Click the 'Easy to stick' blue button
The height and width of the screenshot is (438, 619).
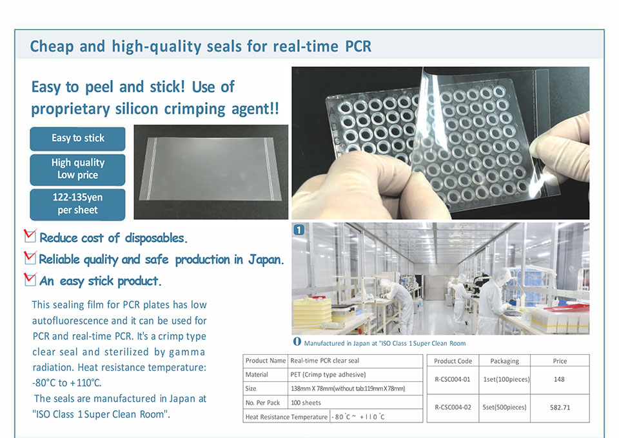(x=77, y=138)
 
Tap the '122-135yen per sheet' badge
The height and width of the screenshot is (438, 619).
(x=77, y=204)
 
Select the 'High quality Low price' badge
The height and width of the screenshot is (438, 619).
(x=77, y=170)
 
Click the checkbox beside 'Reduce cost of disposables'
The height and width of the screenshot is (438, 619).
(x=30, y=236)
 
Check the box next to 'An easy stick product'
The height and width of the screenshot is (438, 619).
(x=30, y=279)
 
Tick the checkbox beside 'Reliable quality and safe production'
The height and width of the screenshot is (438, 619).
(x=30, y=257)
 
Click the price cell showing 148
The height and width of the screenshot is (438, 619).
(x=559, y=379)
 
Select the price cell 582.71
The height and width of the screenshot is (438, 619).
(x=560, y=408)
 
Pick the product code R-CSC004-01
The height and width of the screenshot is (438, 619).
(x=453, y=379)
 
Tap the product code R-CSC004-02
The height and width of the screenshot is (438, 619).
(x=453, y=407)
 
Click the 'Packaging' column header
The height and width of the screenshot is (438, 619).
(x=504, y=361)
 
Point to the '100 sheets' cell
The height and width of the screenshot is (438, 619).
(x=306, y=403)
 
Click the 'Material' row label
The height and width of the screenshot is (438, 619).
(x=257, y=374)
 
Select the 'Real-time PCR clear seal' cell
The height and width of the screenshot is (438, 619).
(x=324, y=361)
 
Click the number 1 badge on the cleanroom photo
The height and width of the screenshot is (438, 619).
(x=299, y=230)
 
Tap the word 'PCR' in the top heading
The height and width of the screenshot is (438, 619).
(x=358, y=46)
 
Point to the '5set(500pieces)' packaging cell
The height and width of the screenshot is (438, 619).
(x=504, y=407)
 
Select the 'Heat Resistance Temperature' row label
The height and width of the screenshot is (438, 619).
(x=286, y=417)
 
